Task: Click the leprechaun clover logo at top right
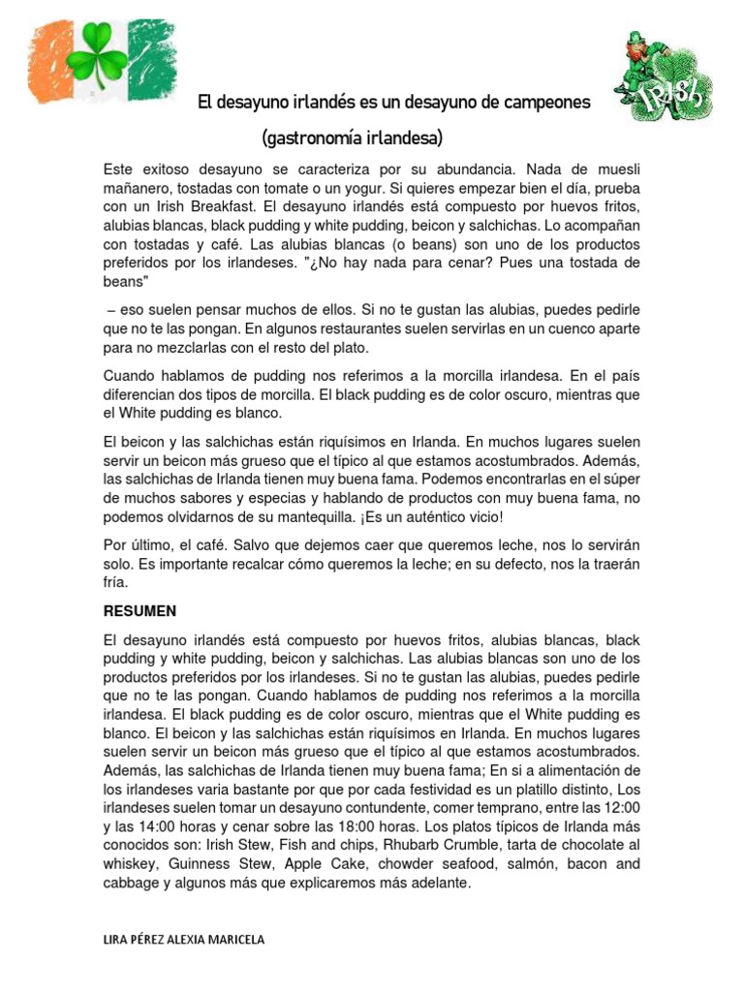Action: tap(663, 77)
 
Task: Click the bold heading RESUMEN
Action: tap(139, 612)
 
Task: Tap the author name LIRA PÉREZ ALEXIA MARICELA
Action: tap(183, 940)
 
